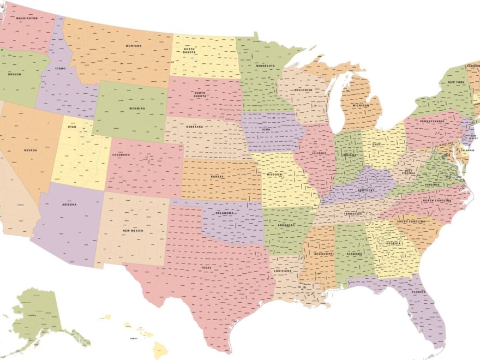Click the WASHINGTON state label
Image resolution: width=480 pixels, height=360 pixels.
click(x=27, y=18)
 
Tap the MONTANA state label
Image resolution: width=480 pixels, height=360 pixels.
click(x=134, y=46)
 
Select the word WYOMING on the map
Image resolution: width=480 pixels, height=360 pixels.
click(x=137, y=109)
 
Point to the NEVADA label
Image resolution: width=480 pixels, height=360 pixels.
click(x=30, y=150)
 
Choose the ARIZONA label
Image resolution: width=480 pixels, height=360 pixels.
click(x=69, y=205)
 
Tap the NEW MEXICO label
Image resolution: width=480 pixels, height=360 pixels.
click(x=133, y=231)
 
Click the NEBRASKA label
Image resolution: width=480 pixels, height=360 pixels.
click(x=195, y=127)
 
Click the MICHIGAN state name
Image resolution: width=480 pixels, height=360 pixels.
click(x=361, y=105)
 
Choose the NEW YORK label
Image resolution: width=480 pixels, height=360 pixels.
click(x=455, y=82)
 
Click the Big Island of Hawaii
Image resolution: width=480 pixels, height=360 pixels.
click(x=160, y=349)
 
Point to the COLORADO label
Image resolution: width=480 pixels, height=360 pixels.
click(x=121, y=155)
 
